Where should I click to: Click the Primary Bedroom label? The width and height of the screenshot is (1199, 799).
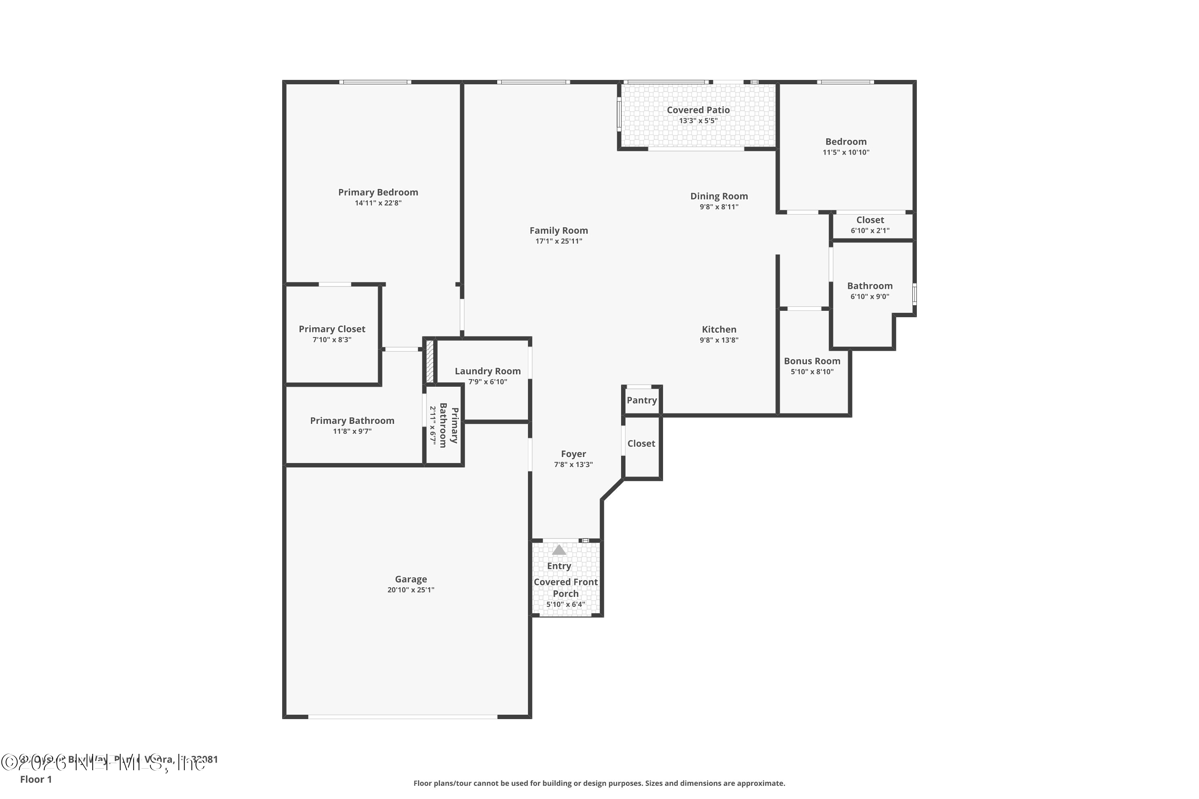pyautogui.click(x=378, y=192)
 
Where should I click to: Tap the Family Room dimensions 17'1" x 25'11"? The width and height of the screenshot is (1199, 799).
pyautogui.click(x=558, y=241)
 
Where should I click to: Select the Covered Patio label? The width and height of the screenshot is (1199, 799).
pyautogui.click(x=698, y=110)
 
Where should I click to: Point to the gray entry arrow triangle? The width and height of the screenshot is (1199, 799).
pyautogui.click(x=559, y=551)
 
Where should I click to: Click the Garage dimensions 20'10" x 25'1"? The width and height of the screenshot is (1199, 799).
pyautogui.click(x=410, y=590)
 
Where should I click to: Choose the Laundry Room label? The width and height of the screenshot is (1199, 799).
pyautogui.click(x=487, y=372)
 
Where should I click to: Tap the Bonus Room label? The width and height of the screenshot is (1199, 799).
pyautogui.click(x=812, y=361)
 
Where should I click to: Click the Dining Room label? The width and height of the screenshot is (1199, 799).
pyautogui.click(x=719, y=196)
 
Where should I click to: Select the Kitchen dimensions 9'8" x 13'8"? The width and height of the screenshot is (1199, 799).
pyautogui.click(x=719, y=340)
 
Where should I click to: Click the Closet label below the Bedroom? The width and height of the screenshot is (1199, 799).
pyautogui.click(x=870, y=220)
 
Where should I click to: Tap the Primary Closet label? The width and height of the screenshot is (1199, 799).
pyautogui.click(x=332, y=329)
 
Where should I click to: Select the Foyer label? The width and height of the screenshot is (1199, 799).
pyautogui.click(x=573, y=454)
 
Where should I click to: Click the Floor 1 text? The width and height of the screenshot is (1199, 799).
pyautogui.click(x=36, y=779)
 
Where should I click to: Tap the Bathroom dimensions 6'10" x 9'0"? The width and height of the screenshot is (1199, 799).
pyautogui.click(x=869, y=296)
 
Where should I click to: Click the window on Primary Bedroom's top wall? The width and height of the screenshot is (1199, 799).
pyautogui.click(x=375, y=82)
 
